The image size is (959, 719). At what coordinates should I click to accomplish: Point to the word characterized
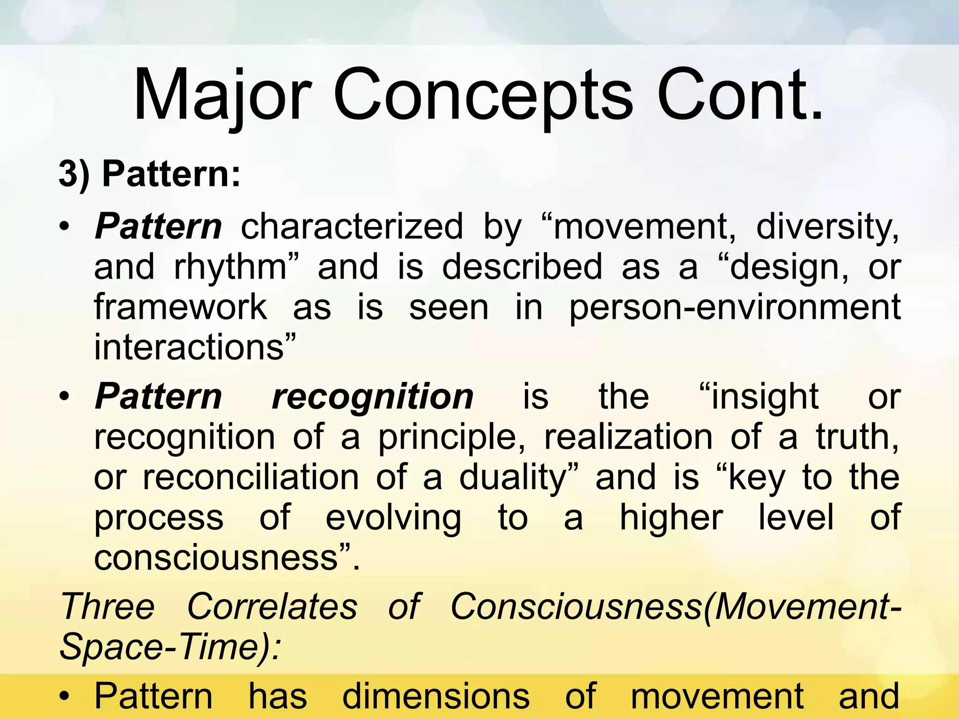click(352, 227)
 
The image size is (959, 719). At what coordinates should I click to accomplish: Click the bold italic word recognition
click(372, 397)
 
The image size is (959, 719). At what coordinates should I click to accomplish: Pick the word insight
click(759, 397)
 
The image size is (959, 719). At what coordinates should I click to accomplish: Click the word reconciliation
click(251, 477)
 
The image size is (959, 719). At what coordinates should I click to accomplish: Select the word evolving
click(393, 518)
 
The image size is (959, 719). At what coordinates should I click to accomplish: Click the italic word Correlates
click(272, 607)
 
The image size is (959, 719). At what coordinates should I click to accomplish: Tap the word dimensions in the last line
click(436, 697)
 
